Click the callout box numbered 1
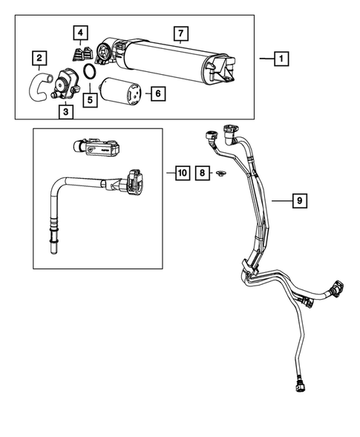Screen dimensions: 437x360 (281, 58)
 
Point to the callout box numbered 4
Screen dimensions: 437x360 (79, 33)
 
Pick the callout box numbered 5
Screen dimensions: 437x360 (91, 99)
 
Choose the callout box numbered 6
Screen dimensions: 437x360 (156, 93)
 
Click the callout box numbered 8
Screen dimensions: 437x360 (201, 174)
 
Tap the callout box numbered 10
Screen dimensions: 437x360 (181, 174)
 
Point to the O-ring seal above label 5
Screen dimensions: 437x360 (88, 73)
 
